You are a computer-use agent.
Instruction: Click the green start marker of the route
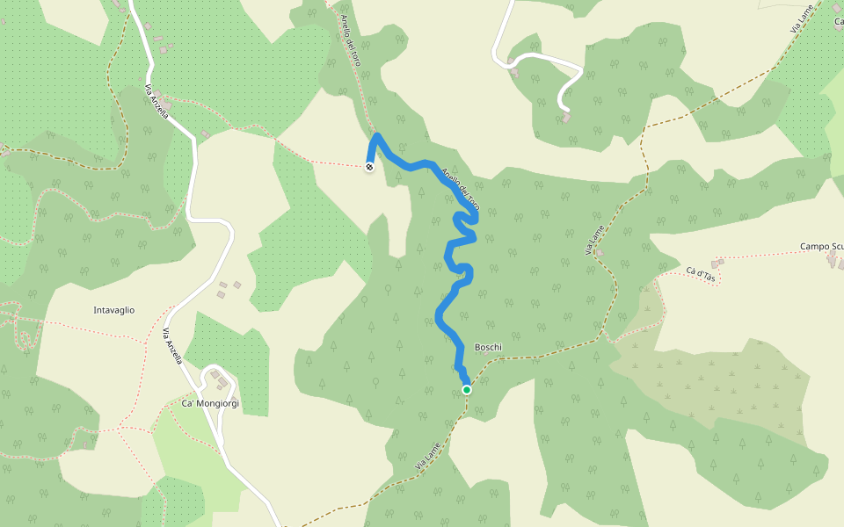pyautogui.click(x=467, y=390)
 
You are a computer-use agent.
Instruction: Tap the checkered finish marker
pyautogui.click(x=369, y=166)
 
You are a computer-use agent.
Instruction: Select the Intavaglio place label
pyautogui.click(x=114, y=310)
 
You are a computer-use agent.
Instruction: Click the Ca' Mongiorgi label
pyautogui.click(x=210, y=403)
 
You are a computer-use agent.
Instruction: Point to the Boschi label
pyautogui.click(x=488, y=347)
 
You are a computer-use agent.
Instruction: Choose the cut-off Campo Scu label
pyautogui.click(x=821, y=247)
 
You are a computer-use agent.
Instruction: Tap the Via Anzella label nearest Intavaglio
pyautogui.click(x=172, y=346)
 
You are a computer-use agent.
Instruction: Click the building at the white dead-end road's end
pyautogui.click(x=567, y=116)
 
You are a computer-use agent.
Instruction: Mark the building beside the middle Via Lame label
pyautogui.click(x=600, y=254)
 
